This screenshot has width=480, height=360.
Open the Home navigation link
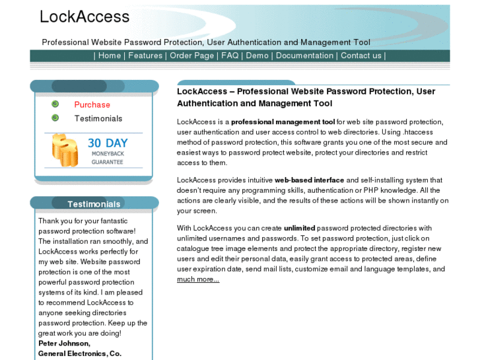(x=110, y=55)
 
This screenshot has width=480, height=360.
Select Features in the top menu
(x=145, y=55)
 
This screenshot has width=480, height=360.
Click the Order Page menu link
(x=191, y=55)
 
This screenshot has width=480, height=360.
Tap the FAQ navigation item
(x=230, y=55)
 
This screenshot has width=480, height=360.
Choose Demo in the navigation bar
(x=257, y=55)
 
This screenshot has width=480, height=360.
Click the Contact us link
(x=360, y=55)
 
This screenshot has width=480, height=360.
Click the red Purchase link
(x=92, y=104)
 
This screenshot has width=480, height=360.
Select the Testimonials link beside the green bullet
(x=98, y=118)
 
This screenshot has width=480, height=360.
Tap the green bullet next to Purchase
(x=55, y=104)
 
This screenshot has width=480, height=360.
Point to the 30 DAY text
(x=108, y=143)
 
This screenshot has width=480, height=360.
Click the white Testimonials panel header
(x=94, y=204)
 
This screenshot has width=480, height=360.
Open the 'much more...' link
(x=198, y=279)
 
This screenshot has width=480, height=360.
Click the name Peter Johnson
(x=64, y=343)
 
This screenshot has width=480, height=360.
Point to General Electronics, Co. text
(x=80, y=354)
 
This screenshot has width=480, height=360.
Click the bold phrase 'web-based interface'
(x=309, y=180)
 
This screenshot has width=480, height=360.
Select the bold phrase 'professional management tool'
(x=283, y=122)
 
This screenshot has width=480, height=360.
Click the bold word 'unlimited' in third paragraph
(x=300, y=228)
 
